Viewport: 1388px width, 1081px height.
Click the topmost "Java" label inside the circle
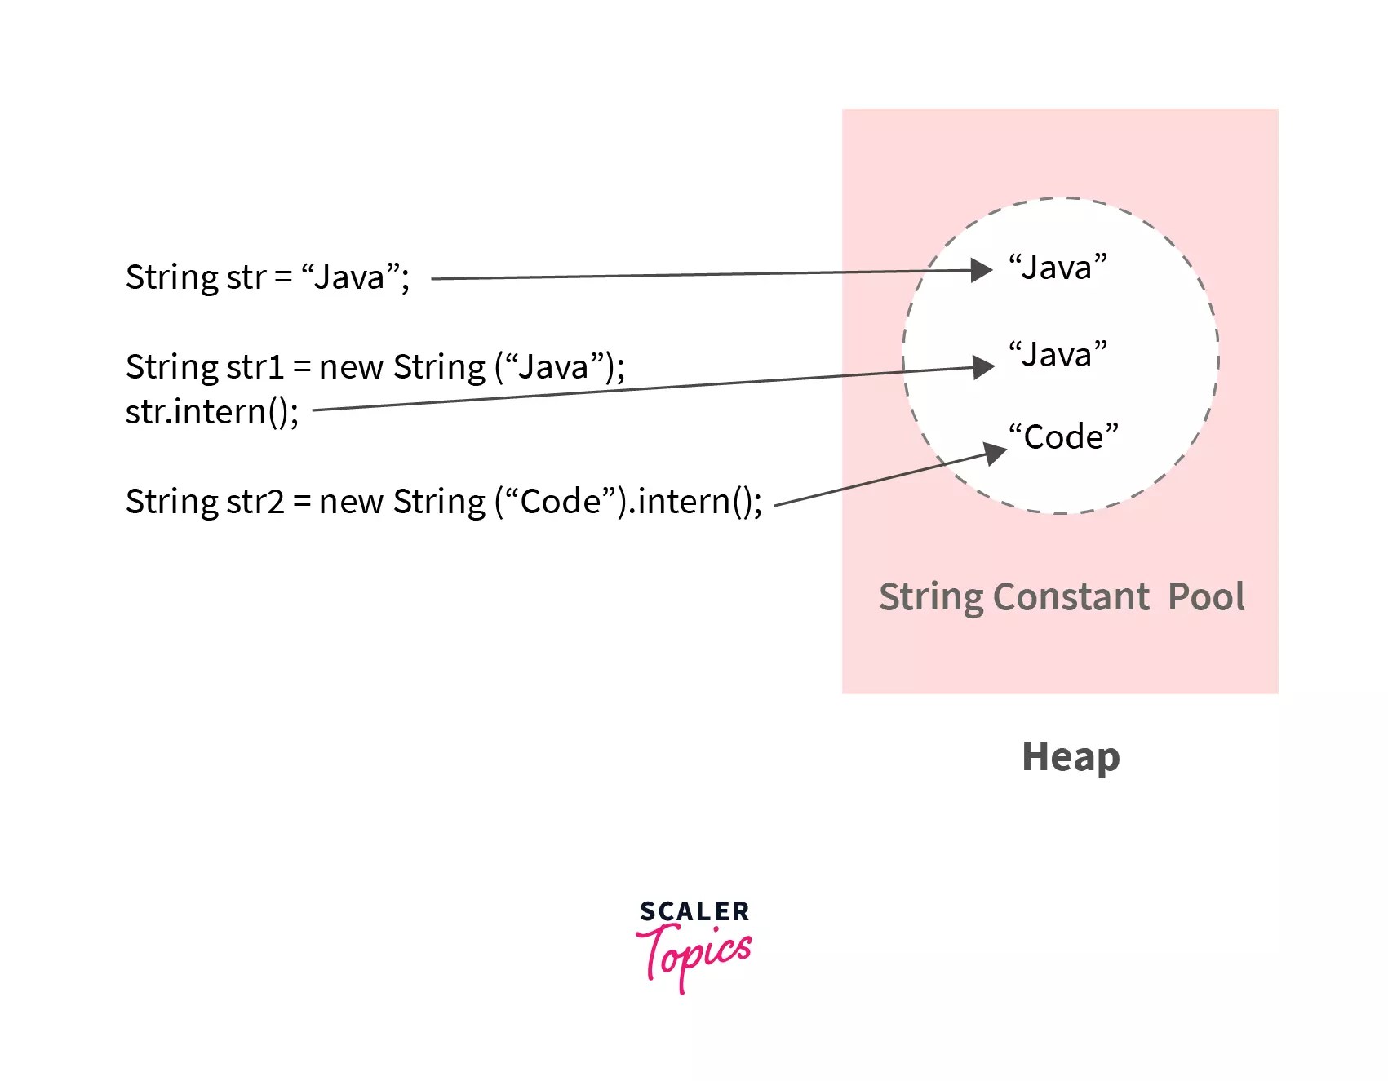coord(1058,268)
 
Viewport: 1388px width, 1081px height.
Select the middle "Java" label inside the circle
coord(1058,355)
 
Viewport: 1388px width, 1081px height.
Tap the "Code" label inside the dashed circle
coord(1063,436)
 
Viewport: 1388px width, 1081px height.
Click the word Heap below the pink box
coord(1071,757)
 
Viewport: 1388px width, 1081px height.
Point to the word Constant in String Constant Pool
coord(1071,597)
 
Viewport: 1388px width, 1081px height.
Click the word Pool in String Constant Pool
coord(1206,597)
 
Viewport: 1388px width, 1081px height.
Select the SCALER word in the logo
coord(694,911)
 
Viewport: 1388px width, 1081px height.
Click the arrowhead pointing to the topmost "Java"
coord(982,270)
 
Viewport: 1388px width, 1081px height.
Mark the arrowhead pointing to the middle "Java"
coord(984,367)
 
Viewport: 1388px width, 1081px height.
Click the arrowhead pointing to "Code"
coord(995,453)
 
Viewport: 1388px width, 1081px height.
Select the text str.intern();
coord(212,411)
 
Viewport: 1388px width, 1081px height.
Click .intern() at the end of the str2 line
coord(694,502)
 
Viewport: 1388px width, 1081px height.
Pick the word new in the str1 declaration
coord(351,367)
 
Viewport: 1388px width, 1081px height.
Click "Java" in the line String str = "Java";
coord(350,277)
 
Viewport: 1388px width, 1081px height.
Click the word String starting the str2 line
coord(171,502)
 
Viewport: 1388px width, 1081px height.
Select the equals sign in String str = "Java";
coord(283,277)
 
